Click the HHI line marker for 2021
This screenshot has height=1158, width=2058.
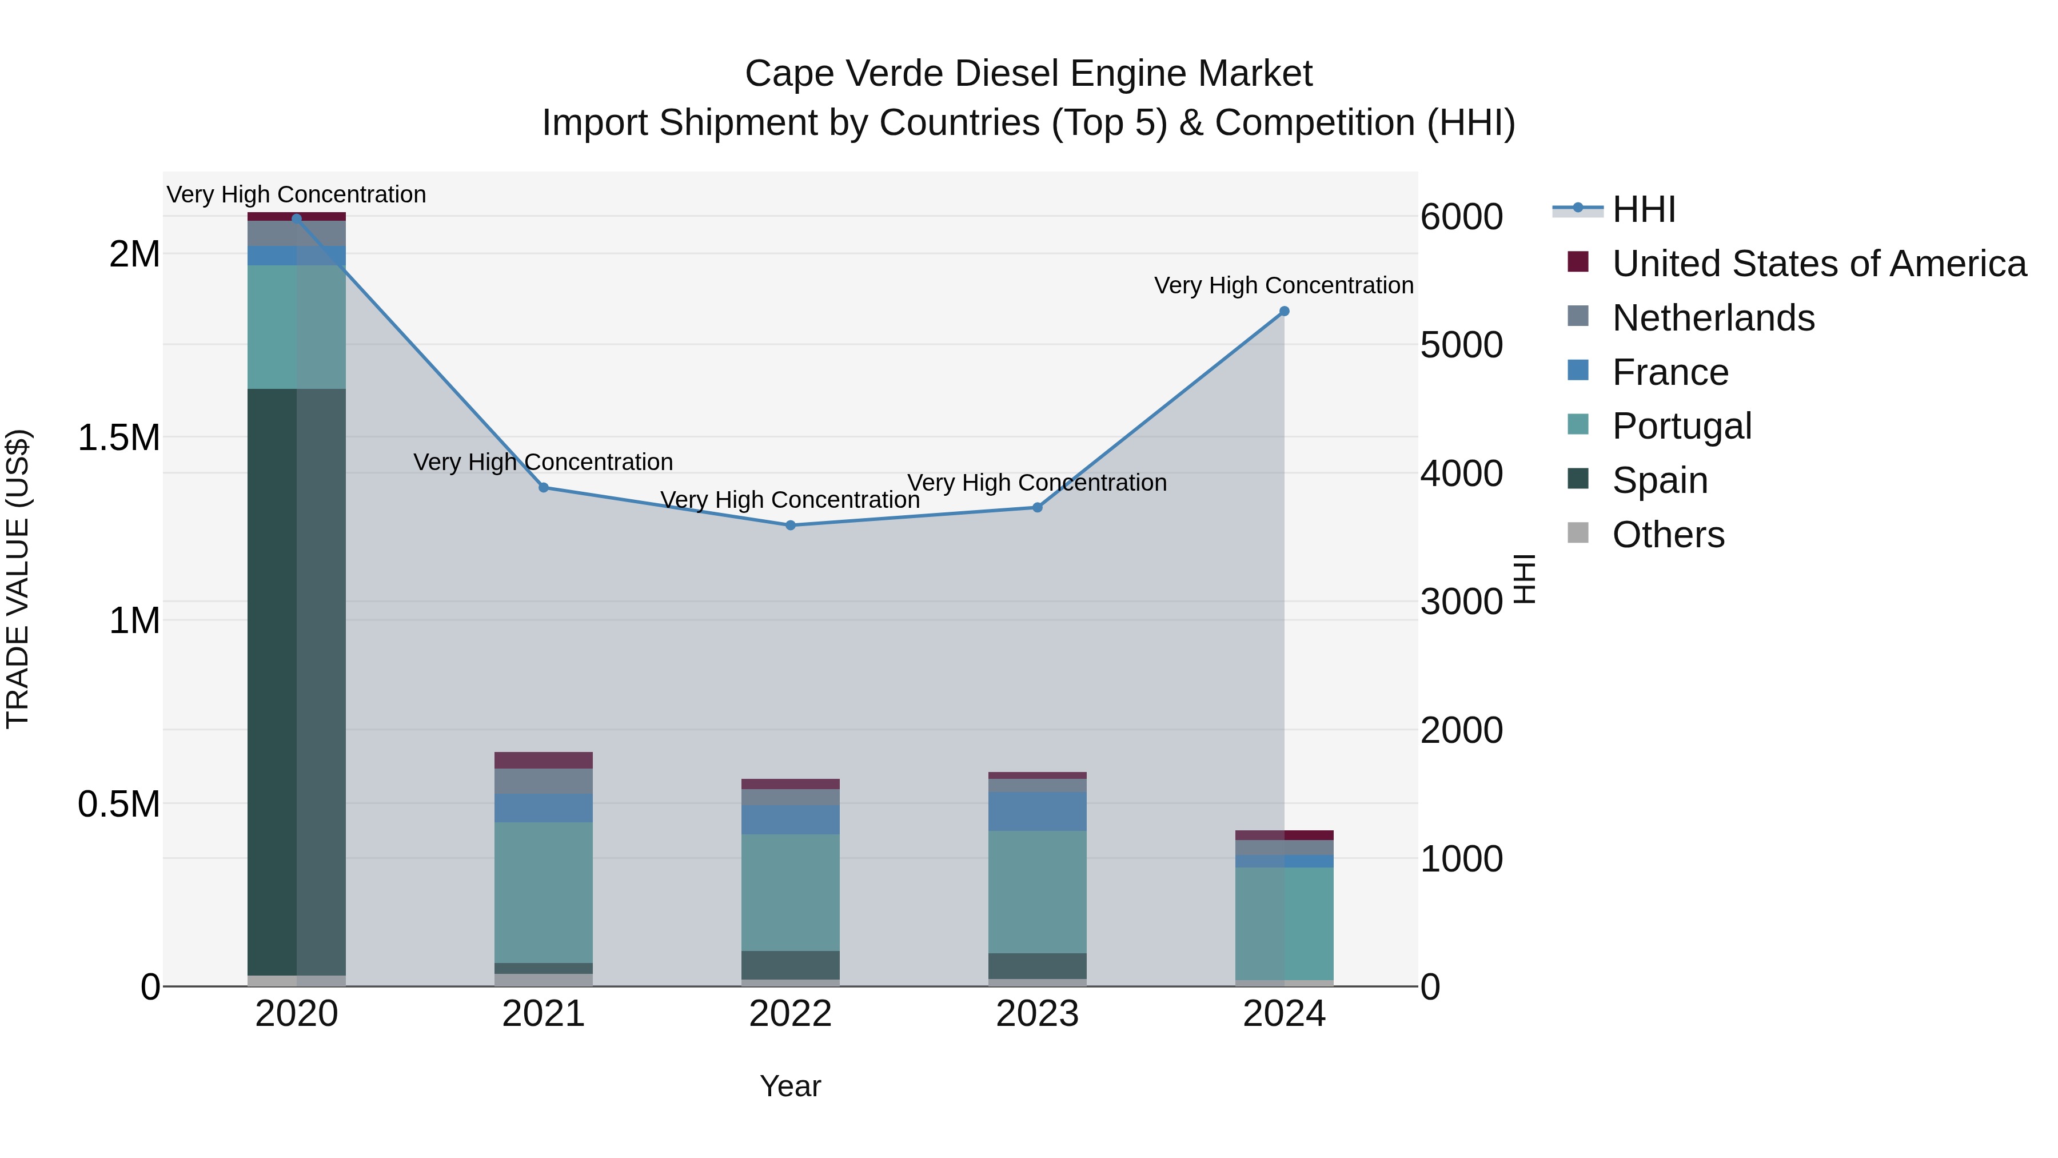pyautogui.click(x=543, y=487)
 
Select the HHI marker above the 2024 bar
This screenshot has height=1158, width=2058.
pyautogui.click(x=1284, y=311)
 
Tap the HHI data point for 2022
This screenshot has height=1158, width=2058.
pyautogui.click(x=790, y=525)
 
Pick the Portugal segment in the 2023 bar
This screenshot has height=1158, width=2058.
pyautogui.click(x=1037, y=891)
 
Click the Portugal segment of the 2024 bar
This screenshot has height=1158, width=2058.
pyautogui.click(x=1284, y=923)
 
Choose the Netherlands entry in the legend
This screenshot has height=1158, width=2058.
pyautogui.click(x=1712, y=318)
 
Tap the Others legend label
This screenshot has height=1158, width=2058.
pyautogui.click(x=1668, y=535)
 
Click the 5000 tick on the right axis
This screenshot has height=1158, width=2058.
pyautogui.click(x=1461, y=345)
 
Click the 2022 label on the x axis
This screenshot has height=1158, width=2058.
pyautogui.click(x=790, y=1014)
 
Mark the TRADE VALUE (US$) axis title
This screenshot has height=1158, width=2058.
pyautogui.click(x=18, y=579)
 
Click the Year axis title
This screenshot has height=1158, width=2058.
pyautogui.click(x=790, y=1086)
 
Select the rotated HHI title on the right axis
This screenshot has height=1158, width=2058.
pyautogui.click(x=1524, y=579)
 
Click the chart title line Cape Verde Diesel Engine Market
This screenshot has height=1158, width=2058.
pyautogui.click(x=1028, y=74)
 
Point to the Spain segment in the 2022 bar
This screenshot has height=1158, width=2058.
pyautogui.click(x=790, y=965)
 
